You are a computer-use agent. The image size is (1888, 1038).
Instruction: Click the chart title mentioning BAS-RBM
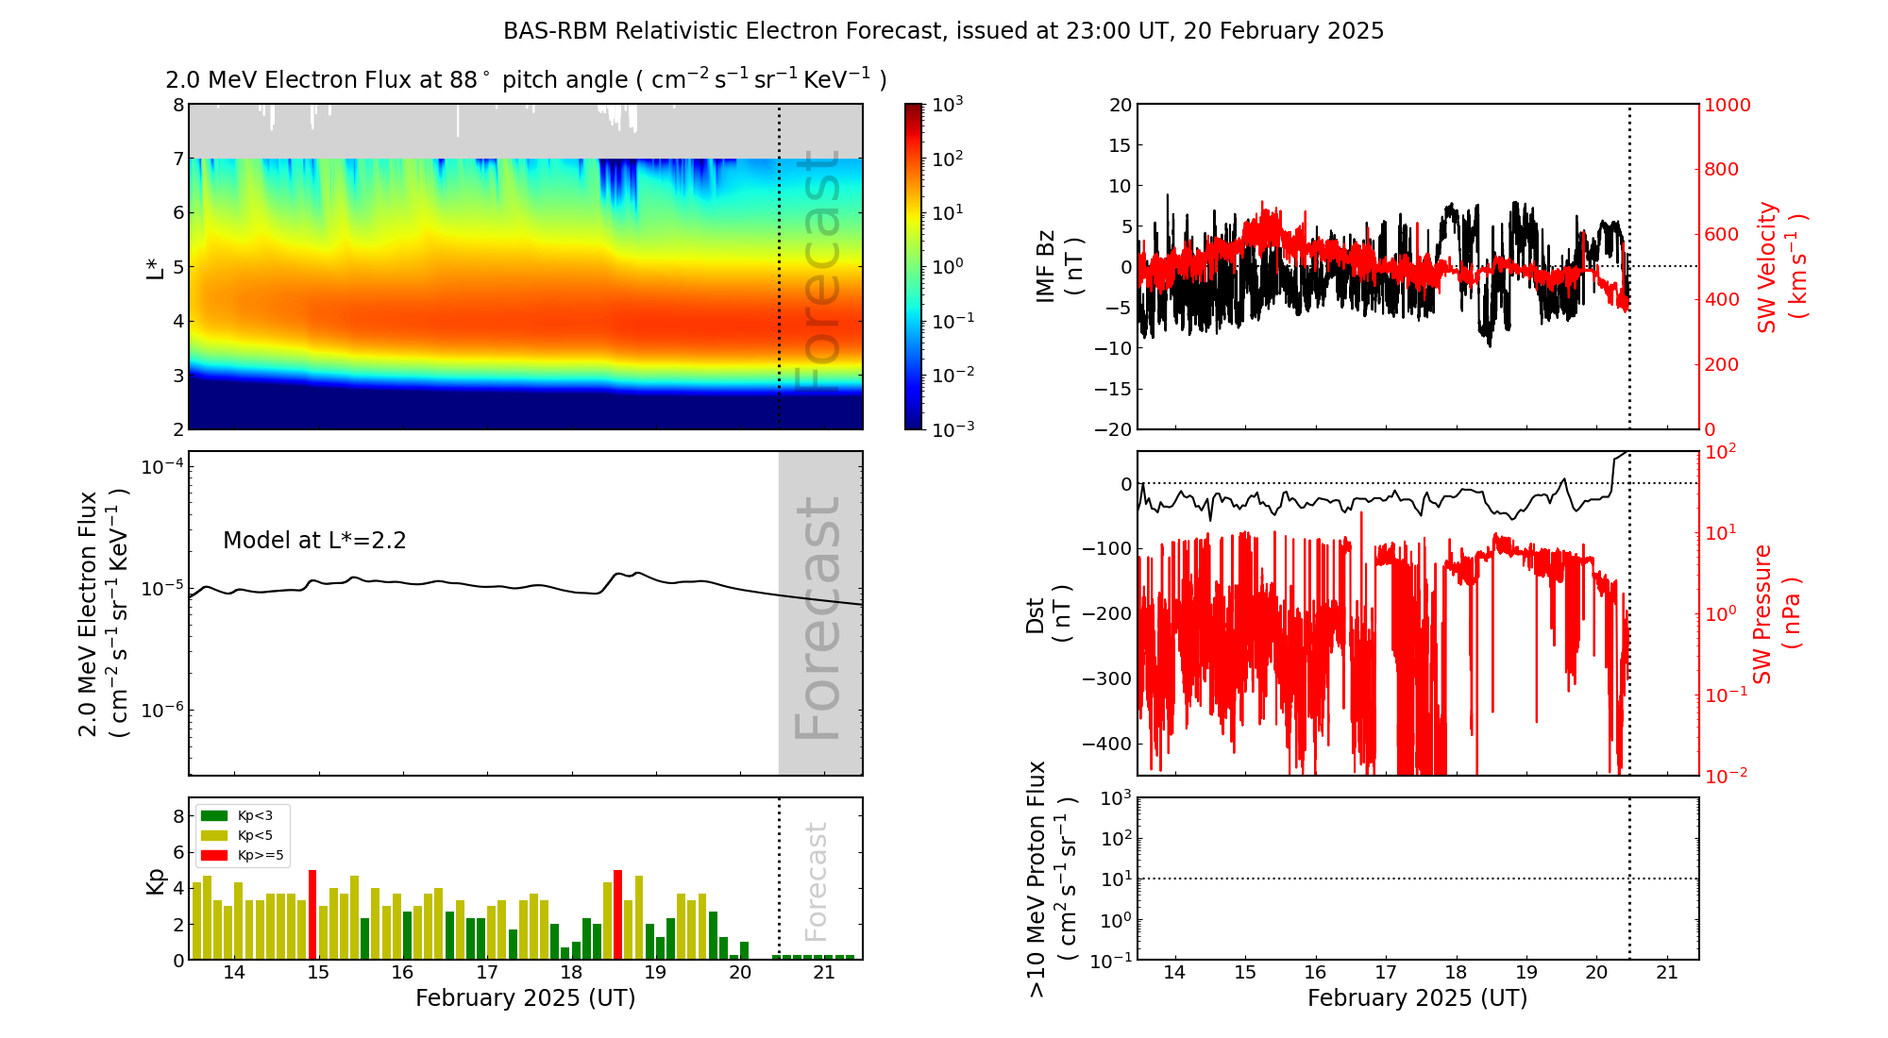943,31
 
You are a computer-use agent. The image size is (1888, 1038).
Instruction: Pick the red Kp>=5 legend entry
241,855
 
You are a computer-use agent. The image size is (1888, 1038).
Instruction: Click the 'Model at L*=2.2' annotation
314,541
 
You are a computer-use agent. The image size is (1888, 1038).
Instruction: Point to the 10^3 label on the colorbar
947,104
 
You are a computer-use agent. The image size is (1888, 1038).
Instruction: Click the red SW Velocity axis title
1780,267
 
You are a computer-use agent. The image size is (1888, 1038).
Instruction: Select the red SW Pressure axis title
1776,613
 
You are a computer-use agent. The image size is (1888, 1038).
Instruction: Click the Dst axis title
1048,613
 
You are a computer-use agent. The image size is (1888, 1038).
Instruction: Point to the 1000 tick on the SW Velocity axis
1727,105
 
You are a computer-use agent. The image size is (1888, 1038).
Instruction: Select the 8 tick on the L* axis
178,105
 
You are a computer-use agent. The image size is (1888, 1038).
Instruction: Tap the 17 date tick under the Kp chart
486,973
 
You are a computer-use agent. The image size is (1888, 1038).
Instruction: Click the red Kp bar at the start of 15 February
312,913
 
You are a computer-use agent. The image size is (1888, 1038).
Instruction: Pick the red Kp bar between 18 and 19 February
617,913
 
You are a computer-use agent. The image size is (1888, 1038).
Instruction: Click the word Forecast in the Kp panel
816,881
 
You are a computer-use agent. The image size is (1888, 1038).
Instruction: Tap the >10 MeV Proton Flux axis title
1051,879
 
